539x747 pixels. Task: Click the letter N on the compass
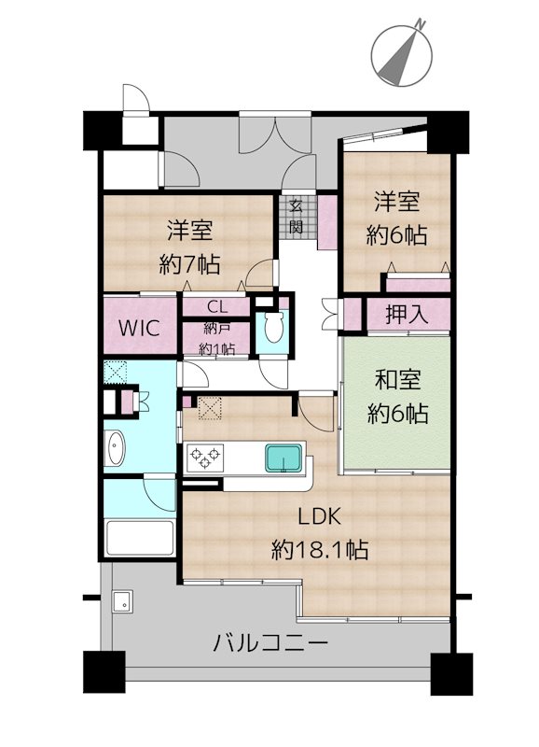tap(419, 22)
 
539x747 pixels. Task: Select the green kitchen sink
tap(284, 458)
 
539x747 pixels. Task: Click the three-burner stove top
tap(205, 458)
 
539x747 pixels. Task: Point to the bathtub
tap(140, 539)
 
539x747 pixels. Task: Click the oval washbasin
tap(116, 448)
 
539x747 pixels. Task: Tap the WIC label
tap(139, 329)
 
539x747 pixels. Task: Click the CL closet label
tap(217, 306)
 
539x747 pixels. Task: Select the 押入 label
tap(407, 314)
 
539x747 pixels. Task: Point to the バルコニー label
tap(270, 643)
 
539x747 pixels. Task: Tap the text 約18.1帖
tap(320, 550)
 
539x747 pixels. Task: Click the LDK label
tap(319, 516)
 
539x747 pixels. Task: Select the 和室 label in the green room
tap(397, 380)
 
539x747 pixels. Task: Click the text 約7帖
tap(189, 264)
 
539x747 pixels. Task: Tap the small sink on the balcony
tap(123, 602)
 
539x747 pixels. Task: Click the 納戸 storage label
tap(217, 329)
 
